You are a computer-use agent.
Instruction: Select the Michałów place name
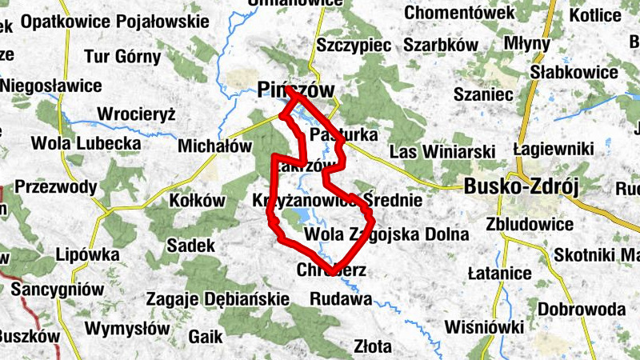214,147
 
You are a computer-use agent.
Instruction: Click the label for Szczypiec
353,45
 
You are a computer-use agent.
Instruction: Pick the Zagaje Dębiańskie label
217,299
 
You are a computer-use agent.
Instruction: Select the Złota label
372,346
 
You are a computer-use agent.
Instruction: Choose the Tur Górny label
122,58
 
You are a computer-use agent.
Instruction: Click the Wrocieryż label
136,114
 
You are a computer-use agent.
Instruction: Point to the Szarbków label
441,45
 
